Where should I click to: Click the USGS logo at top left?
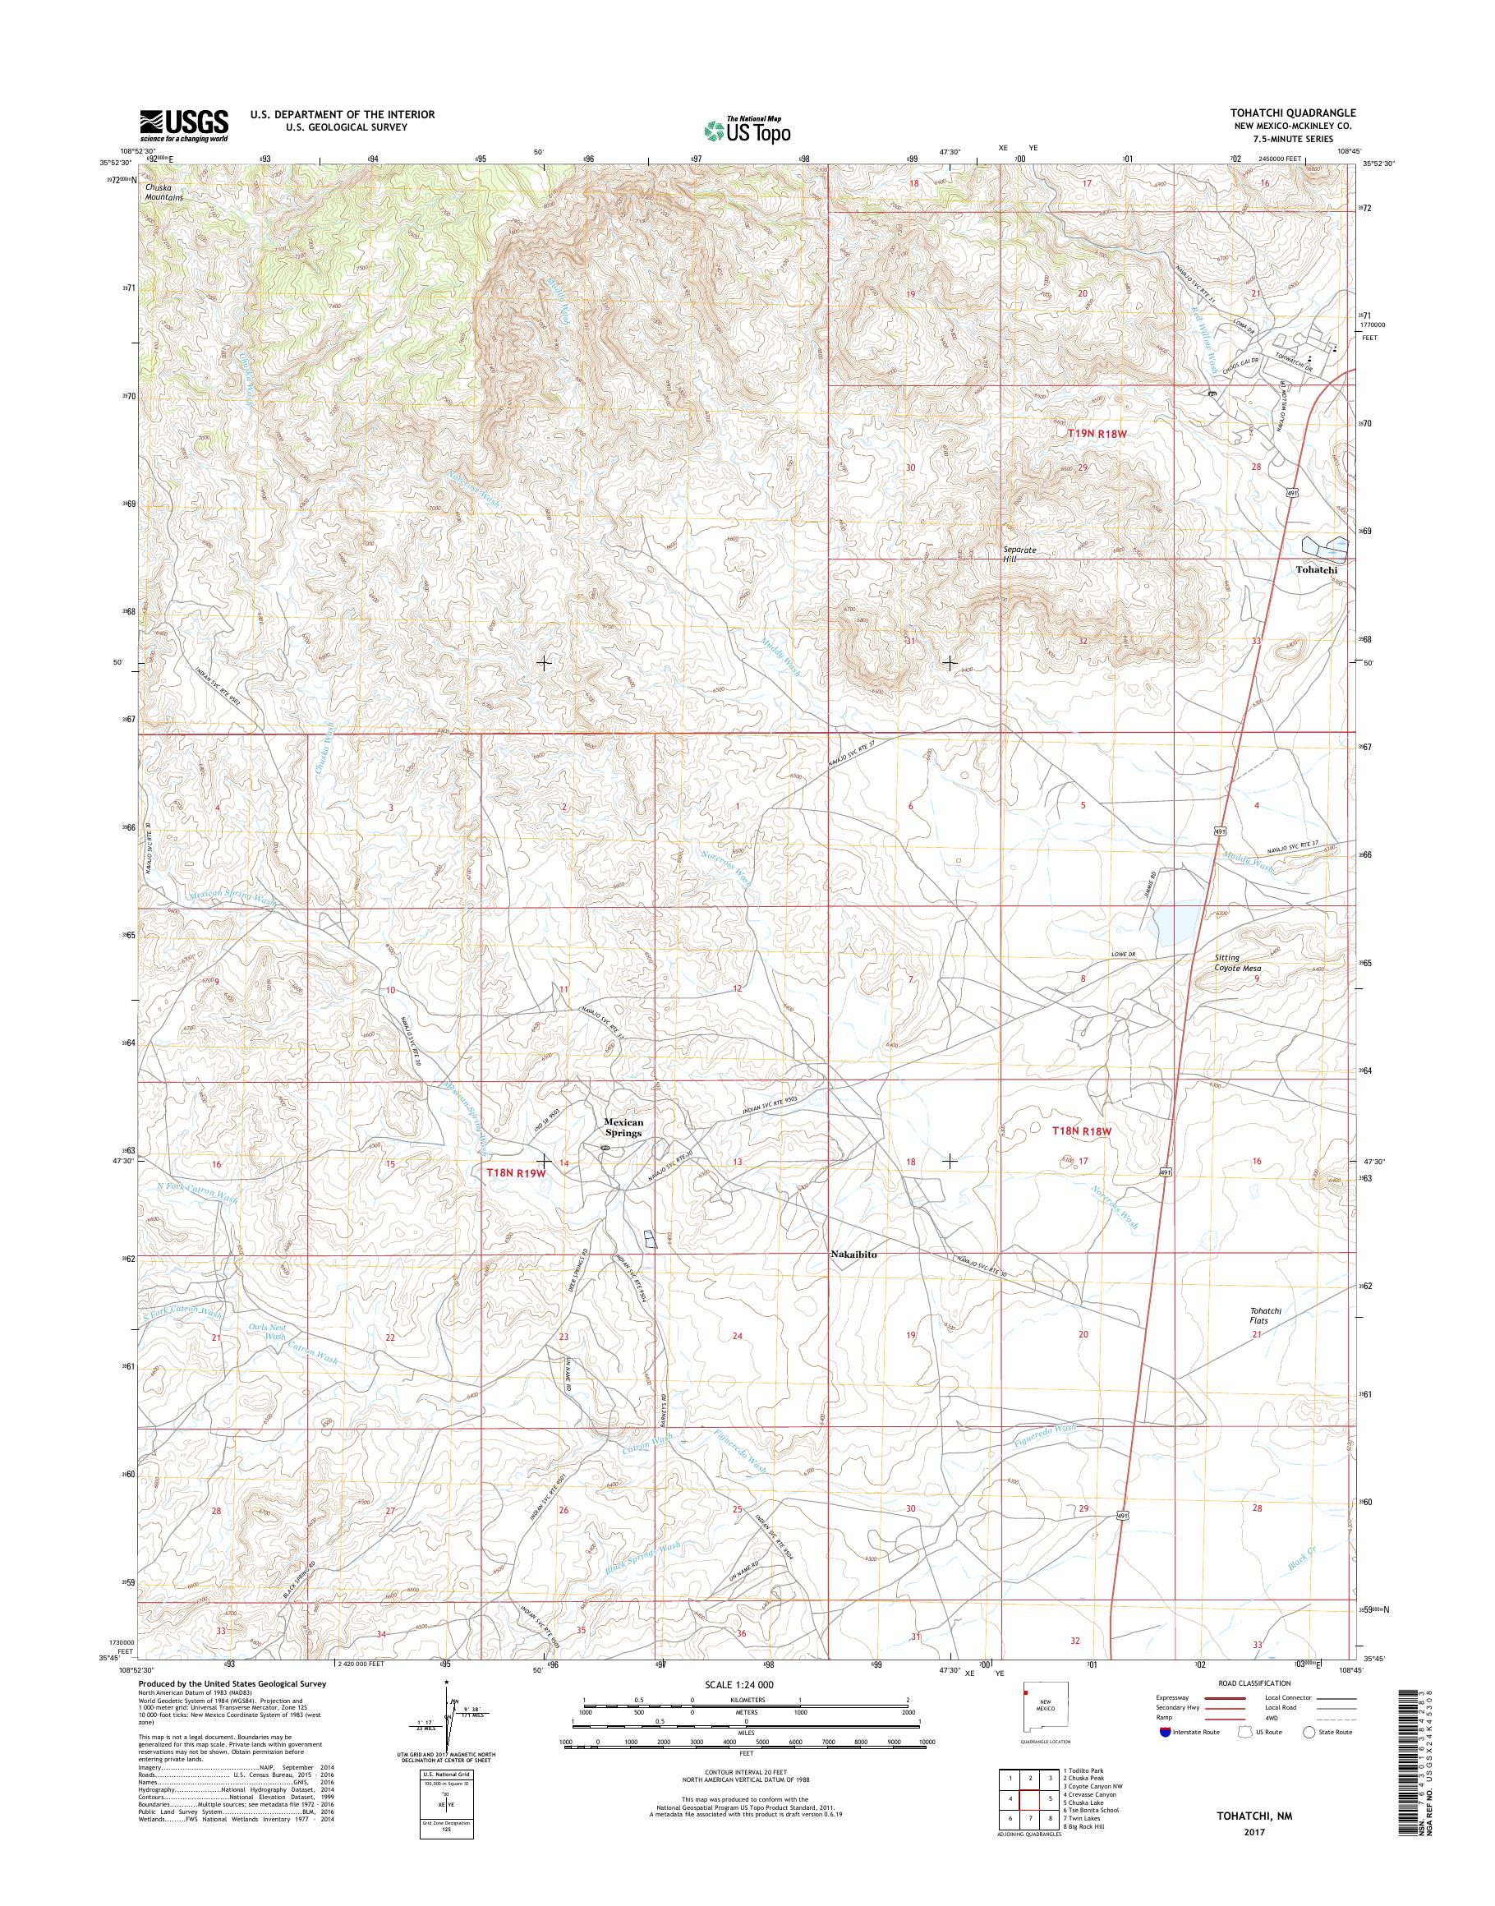tap(184, 126)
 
